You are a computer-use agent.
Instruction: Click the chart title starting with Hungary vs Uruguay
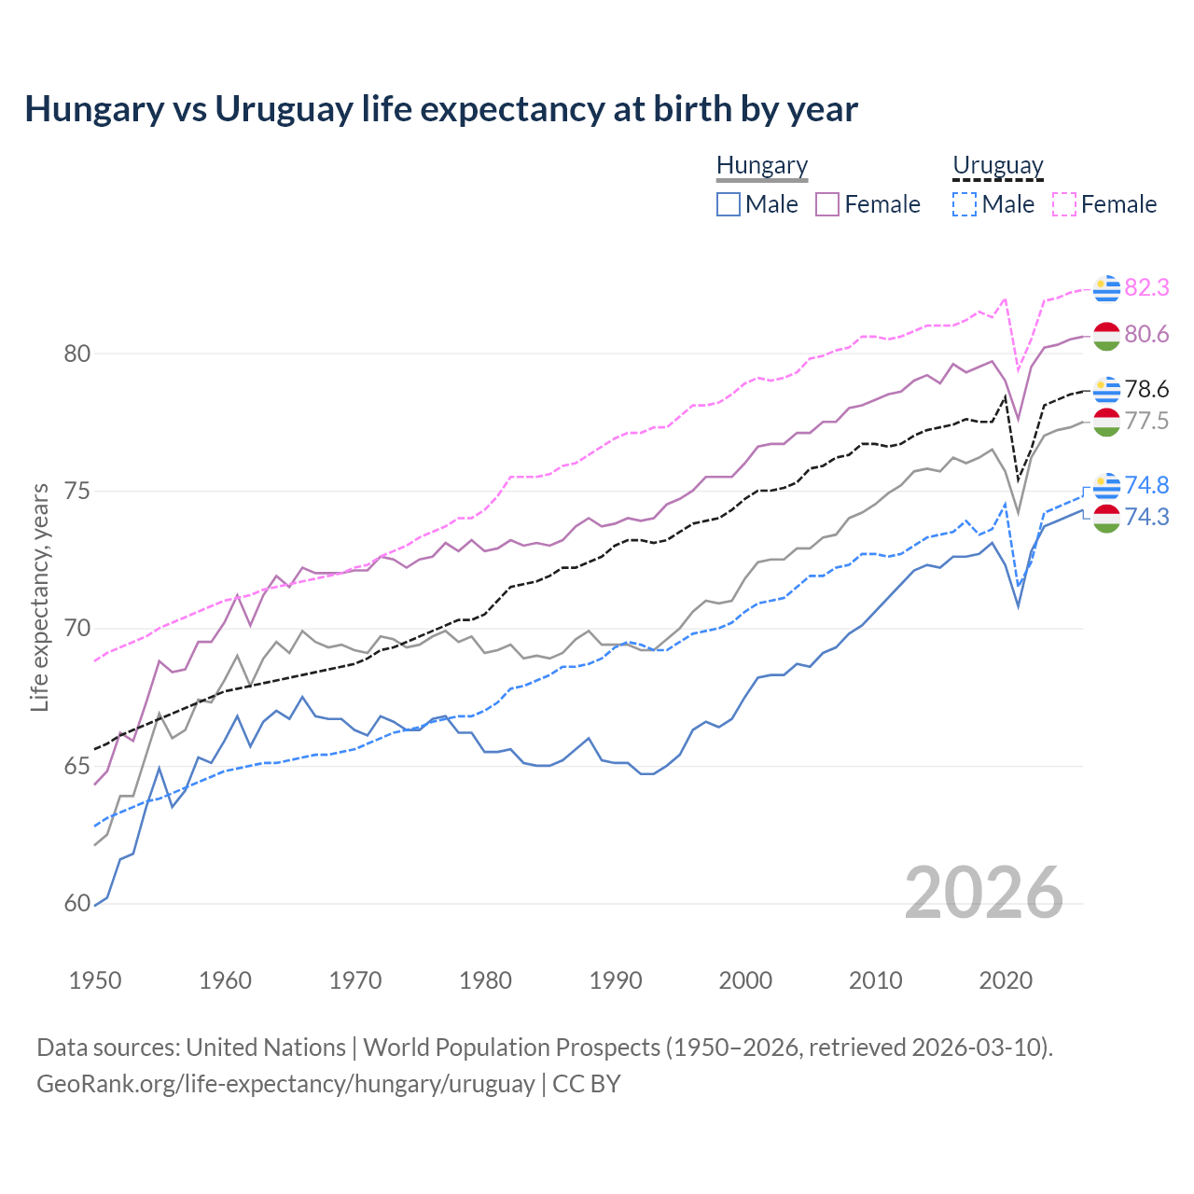click(x=440, y=109)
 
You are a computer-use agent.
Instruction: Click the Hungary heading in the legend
click(x=762, y=165)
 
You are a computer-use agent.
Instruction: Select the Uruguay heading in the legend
click(x=997, y=165)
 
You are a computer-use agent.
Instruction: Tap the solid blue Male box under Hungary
click(x=729, y=204)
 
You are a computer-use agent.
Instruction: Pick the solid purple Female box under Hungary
click(x=827, y=204)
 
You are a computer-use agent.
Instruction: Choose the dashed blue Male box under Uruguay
click(x=965, y=204)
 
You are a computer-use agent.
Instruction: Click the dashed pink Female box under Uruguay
click(x=1064, y=204)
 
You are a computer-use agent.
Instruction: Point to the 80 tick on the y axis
click(x=76, y=354)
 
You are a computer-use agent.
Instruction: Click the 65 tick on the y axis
click(x=76, y=767)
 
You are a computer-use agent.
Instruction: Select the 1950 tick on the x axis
click(x=95, y=980)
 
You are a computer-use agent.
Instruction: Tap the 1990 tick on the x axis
click(x=616, y=980)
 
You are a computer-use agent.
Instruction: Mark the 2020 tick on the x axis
click(x=1006, y=980)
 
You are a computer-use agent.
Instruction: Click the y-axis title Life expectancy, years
click(x=39, y=597)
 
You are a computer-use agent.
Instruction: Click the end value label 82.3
click(x=1146, y=288)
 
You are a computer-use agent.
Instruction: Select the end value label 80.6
click(x=1146, y=335)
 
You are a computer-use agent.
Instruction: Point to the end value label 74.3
click(x=1146, y=518)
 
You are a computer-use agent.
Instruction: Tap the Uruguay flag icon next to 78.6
click(x=1106, y=390)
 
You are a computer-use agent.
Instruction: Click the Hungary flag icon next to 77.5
click(x=1106, y=422)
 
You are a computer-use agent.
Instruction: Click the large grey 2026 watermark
click(x=984, y=893)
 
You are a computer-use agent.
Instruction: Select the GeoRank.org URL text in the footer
click(x=285, y=1084)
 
